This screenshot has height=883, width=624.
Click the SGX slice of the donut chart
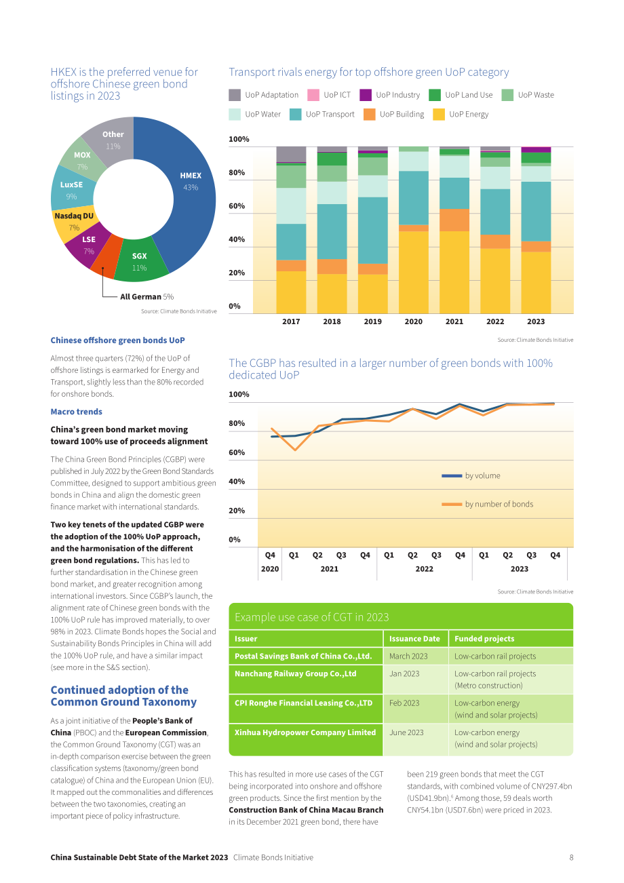tap(140, 261)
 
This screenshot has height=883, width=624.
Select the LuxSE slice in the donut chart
tap(72, 190)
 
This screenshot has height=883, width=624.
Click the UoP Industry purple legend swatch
tap(366, 95)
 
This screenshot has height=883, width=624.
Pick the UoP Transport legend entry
tap(322, 115)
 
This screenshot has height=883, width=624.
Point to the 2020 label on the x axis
tap(413, 321)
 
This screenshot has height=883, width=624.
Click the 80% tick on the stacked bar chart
tap(237, 173)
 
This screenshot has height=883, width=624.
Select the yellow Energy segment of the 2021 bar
tap(454, 273)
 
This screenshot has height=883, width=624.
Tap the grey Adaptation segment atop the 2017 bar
tap(291, 154)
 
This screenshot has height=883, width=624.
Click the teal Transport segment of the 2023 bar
tap(536, 212)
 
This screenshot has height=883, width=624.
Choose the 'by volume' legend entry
tap(471, 476)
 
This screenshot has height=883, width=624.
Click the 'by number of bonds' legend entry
tap(487, 504)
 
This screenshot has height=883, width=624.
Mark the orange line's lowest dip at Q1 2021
tap(295, 450)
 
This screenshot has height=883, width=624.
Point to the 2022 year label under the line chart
tap(424, 569)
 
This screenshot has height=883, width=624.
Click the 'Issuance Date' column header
tap(414, 639)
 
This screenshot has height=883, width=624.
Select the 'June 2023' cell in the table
tap(406, 732)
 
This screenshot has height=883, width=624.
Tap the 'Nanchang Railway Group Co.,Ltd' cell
tap(295, 673)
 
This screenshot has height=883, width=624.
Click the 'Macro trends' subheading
tap(76, 412)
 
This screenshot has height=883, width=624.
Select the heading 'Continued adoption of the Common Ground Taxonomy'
tap(123, 696)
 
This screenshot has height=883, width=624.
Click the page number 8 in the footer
tap(571, 857)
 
